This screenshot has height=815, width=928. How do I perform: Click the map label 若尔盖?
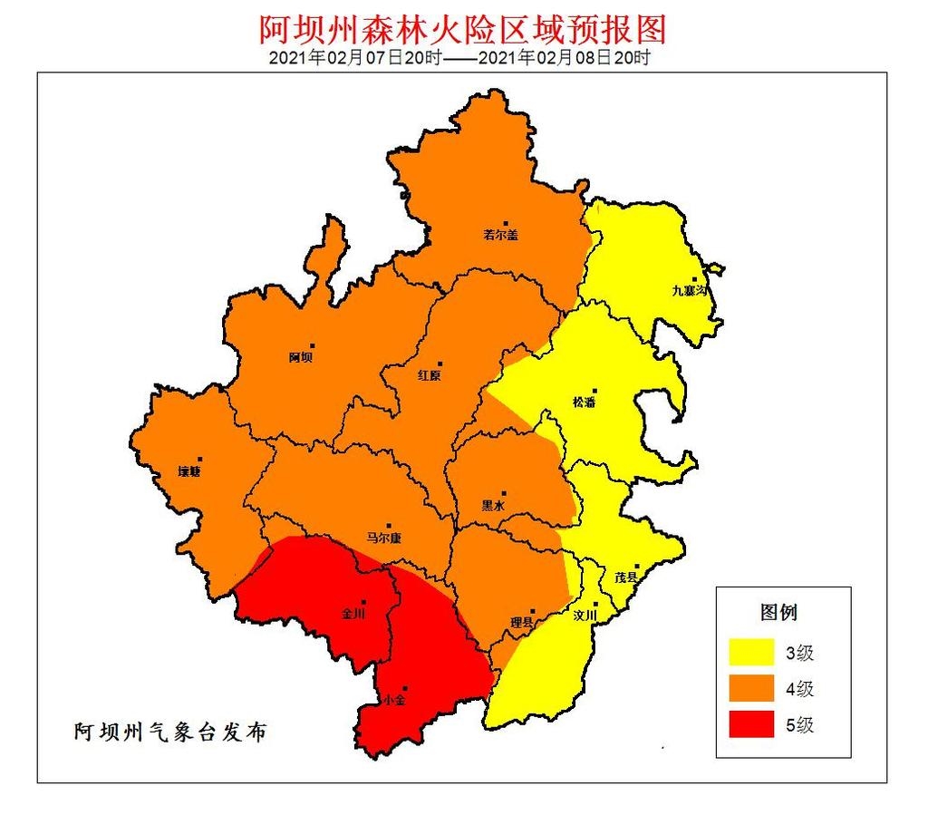point(499,235)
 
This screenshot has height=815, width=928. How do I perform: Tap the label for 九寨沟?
point(693,291)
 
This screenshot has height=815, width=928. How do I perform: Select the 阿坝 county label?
point(301,357)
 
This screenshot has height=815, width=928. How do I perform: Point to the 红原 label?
point(430,375)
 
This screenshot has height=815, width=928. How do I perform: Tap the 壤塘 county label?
point(188,471)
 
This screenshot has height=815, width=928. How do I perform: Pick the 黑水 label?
point(492,507)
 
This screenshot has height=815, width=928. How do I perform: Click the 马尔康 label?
point(383,538)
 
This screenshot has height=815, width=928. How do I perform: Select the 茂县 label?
point(626,577)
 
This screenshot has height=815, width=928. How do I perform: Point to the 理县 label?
point(522,623)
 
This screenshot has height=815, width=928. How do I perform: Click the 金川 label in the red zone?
point(353,614)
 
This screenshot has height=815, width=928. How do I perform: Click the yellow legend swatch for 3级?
point(752,652)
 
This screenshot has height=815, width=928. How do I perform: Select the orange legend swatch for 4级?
point(752,688)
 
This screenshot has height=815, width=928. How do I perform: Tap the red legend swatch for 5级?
point(752,724)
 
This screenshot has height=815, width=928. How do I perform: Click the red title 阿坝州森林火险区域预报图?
point(463,29)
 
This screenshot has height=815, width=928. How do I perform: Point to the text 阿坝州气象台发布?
point(170,733)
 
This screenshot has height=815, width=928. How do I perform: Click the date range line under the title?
point(460,58)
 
